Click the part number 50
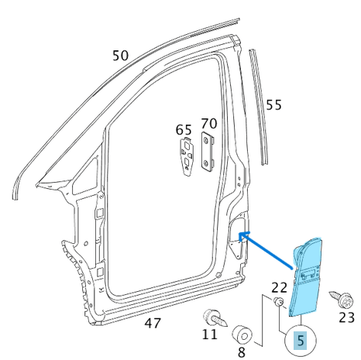click(x=120, y=56)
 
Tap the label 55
click(x=274, y=105)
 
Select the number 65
click(x=184, y=129)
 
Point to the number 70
click(x=209, y=123)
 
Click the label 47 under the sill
click(x=153, y=323)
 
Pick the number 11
click(x=211, y=335)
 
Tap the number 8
click(x=242, y=352)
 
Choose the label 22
click(x=279, y=288)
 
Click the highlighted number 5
click(x=301, y=338)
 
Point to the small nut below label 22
click(x=278, y=303)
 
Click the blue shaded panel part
click(x=308, y=279)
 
